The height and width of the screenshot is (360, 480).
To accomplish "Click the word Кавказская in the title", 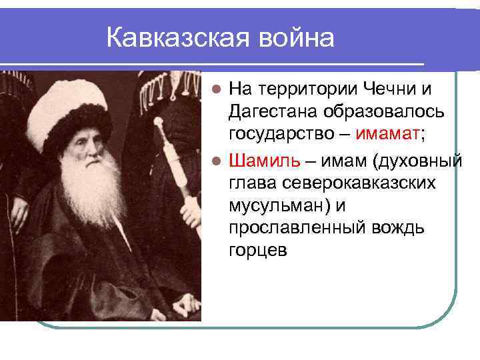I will click(174, 38).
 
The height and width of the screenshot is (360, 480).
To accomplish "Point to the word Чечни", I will click(393, 87).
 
